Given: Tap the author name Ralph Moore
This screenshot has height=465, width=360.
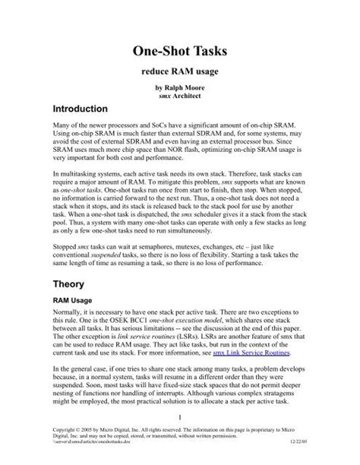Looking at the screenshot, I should [x=185, y=89].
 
